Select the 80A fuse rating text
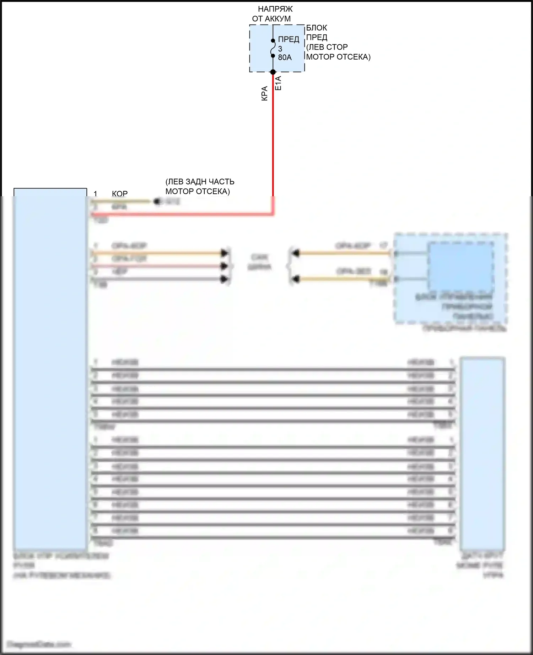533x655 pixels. coord(285,57)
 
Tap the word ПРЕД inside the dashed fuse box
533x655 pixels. coord(289,39)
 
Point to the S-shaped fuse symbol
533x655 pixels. coord(273,48)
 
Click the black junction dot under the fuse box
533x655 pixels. coord(273,72)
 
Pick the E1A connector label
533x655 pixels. coord(278,83)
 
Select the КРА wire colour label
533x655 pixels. coord(264,94)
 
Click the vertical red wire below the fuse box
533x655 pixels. coord(273,142)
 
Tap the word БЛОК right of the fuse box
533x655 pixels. coord(317,28)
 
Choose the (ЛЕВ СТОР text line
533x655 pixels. coord(327,47)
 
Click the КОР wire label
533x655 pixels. coord(120,194)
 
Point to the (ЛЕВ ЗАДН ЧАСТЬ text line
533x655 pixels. coord(200,182)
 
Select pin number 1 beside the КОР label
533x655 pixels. coord(95,194)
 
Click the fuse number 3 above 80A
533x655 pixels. coord(280,49)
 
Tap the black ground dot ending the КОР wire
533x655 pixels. coord(157,202)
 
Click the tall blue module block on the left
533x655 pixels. coord(50,369)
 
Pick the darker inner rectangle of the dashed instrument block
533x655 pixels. coord(461,266)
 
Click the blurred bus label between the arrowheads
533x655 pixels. coord(259,262)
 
